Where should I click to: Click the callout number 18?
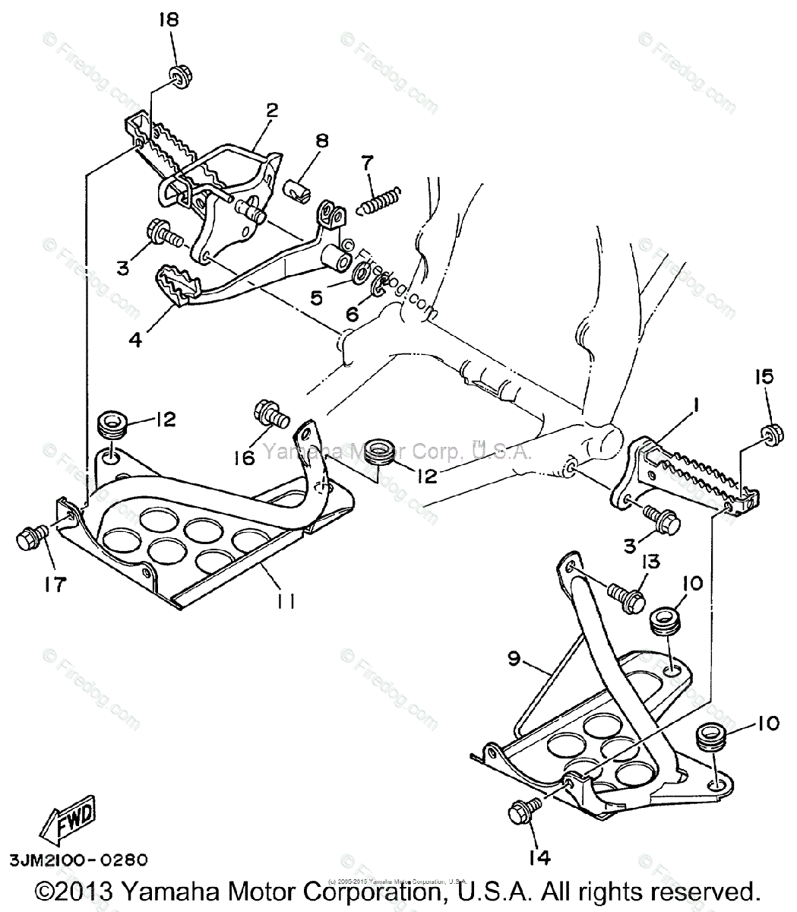click(168, 20)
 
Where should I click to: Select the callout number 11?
click(285, 600)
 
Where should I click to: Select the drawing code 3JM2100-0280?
click(79, 861)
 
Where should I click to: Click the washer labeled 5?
click(362, 274)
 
